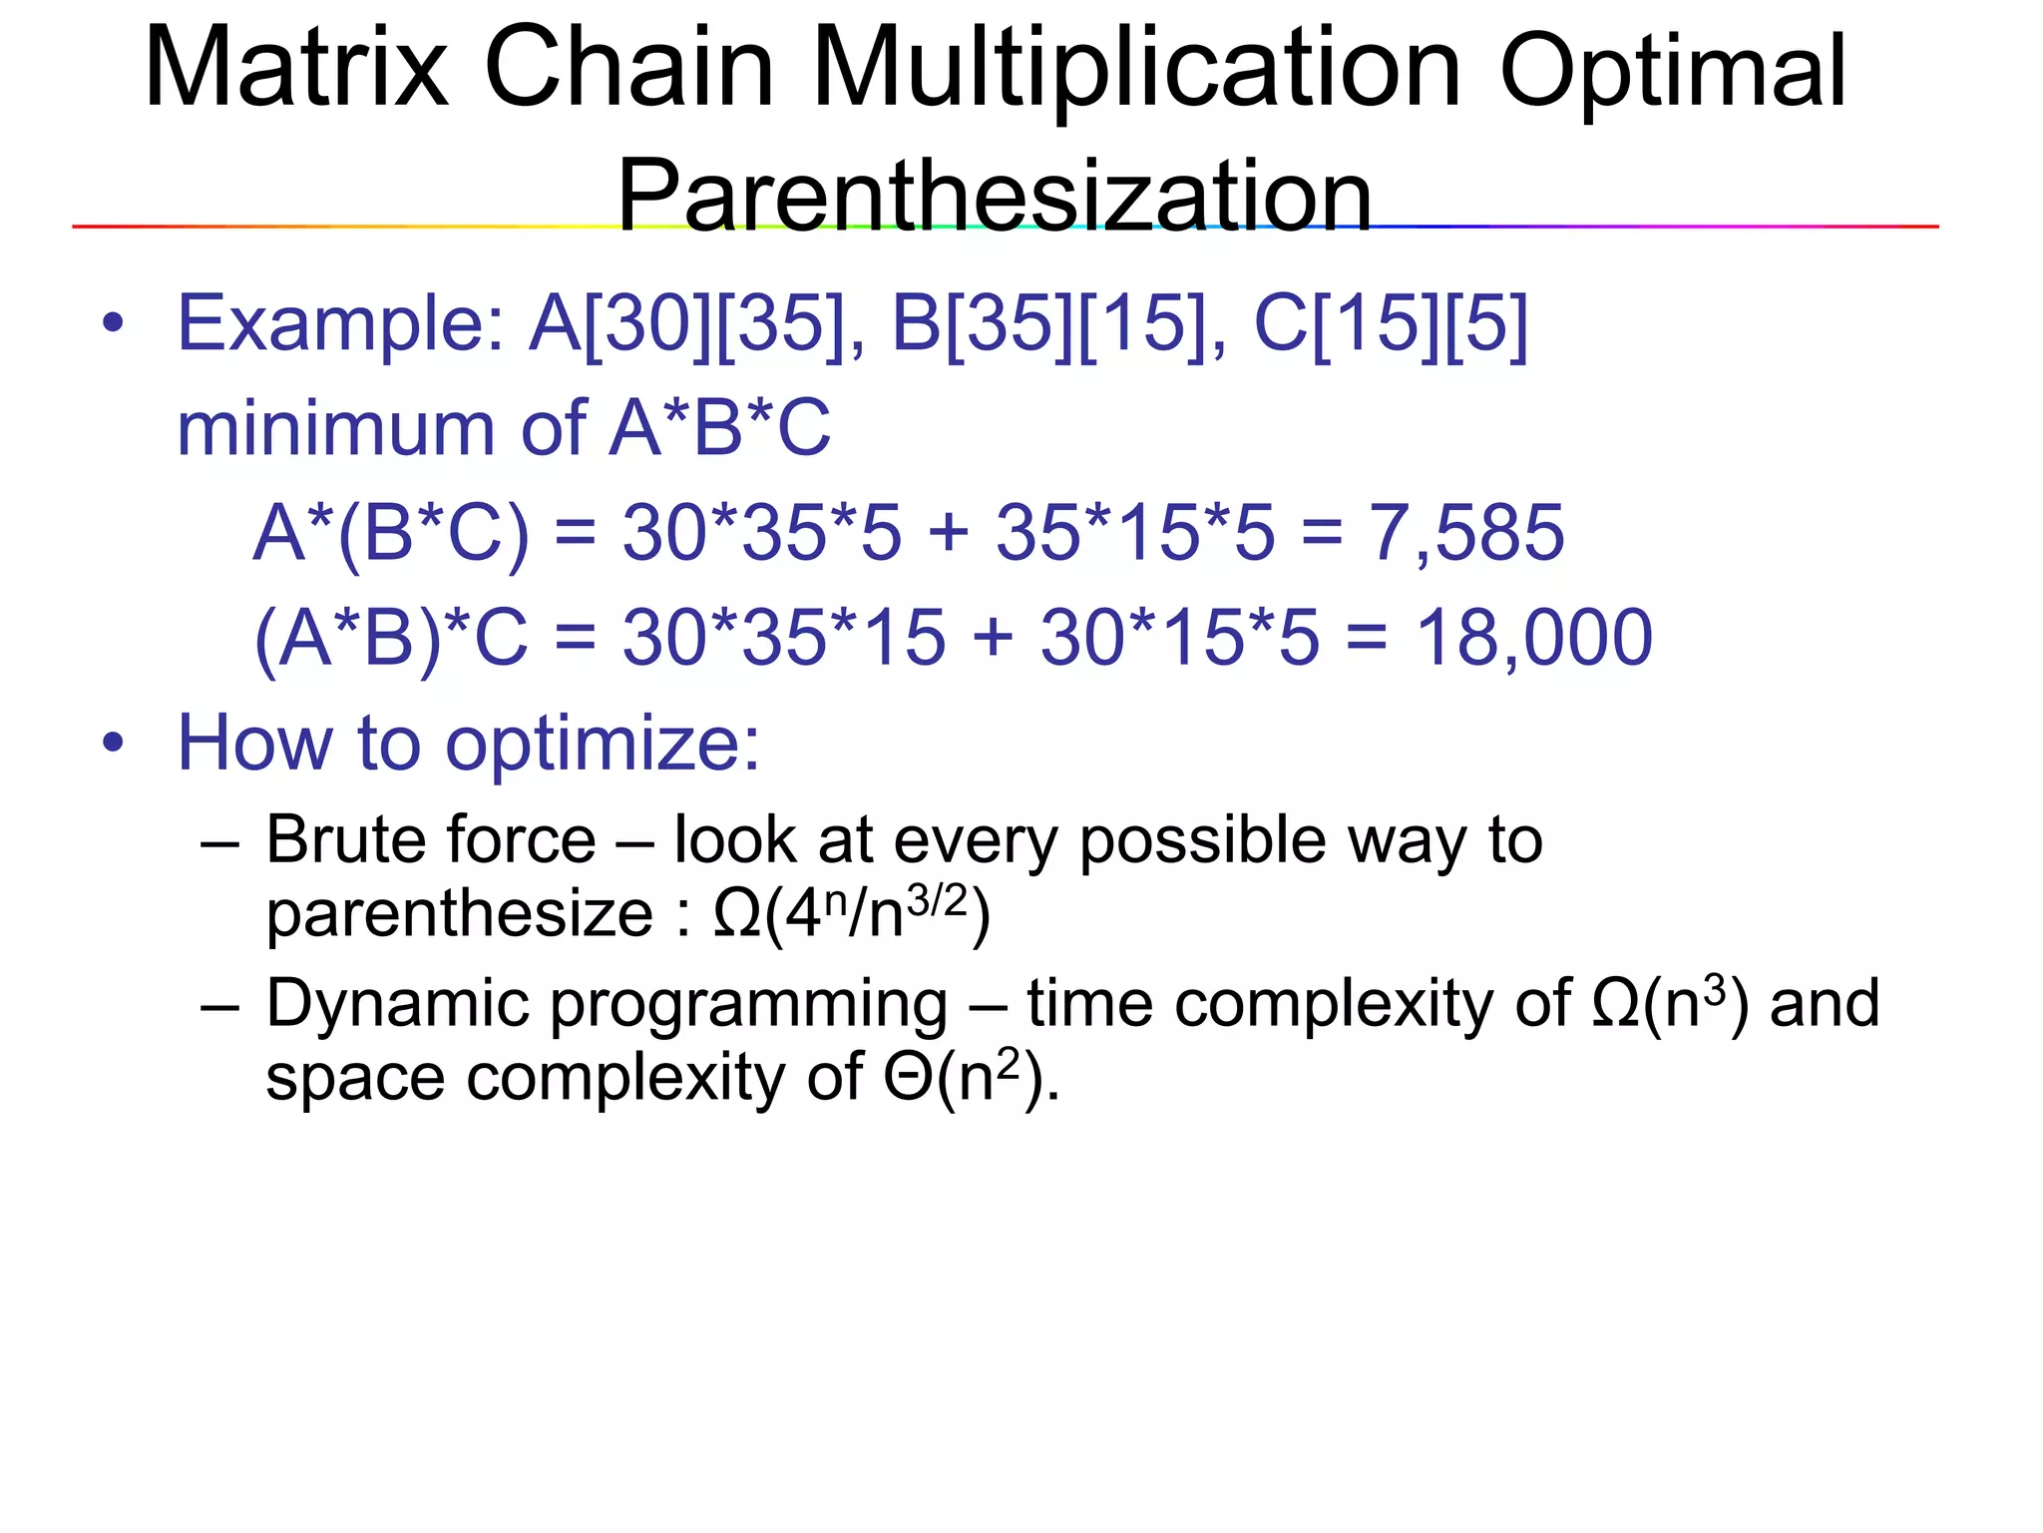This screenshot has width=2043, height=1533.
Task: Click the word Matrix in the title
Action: point(296,68)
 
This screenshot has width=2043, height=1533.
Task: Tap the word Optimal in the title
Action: point(1673,72)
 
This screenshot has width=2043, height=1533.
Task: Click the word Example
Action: point(340,325)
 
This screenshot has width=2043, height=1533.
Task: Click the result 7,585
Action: point(1465,532)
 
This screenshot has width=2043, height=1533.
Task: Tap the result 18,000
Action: point(1533,637)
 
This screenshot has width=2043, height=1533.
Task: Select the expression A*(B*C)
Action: point(391,534)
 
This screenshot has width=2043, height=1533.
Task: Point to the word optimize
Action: point(602,746)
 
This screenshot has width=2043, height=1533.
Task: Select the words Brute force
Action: point(431,840)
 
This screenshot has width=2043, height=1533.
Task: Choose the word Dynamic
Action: point(397,1004)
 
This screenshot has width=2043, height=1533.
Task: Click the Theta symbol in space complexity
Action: point(908,1078)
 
